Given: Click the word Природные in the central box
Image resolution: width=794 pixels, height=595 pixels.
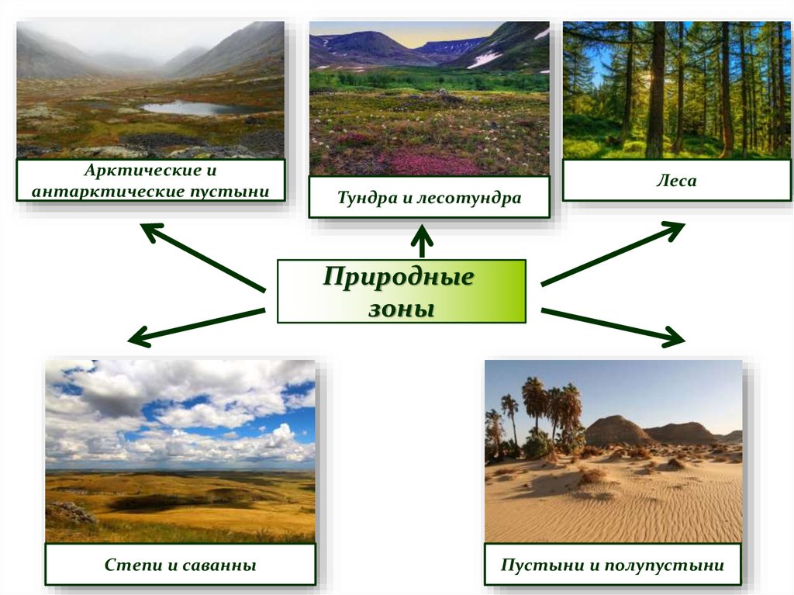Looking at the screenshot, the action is pyautogui.click(x=398, y=277).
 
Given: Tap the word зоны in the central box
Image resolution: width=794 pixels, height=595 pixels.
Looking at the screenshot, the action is pyautogui.click(x=399, y=308).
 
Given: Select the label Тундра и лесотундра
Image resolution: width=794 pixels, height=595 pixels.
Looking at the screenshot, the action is pyautogui.click(x=429, y=198).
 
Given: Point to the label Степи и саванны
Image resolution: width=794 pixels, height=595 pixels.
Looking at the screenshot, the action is pyautogui.click(x=180, y=565).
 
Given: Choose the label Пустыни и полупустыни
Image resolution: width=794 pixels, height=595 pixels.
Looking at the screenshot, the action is pyautogui.click(x=612, y=565).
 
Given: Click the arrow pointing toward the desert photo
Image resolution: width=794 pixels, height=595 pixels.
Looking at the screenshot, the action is pyautogui.click(x=613, y=325).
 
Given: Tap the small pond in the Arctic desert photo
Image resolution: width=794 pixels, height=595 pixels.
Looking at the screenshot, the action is pyautogui.click(x=186, y=107).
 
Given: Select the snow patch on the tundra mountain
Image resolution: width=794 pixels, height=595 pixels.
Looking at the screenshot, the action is pyautogui.click(x=485, y=59).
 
